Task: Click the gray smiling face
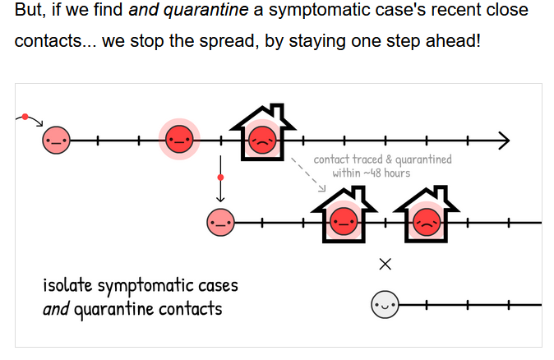(384, 305)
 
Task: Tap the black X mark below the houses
(385, 265)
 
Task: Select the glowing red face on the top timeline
(178, 141)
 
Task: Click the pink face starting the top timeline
(56, 141)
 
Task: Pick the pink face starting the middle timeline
(220, 222)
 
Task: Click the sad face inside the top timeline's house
(261, 140)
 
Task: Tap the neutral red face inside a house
(344, 220)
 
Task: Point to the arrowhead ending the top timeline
(504, 141)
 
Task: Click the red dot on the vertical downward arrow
(220, 177)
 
